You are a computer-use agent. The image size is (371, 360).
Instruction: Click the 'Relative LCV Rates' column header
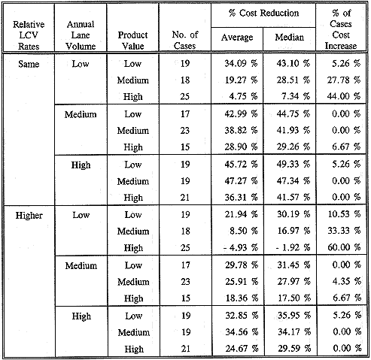pyautogui.click(x=29, y=35)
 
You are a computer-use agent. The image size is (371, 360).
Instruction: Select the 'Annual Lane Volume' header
pyautogui.click(x=81, y=35)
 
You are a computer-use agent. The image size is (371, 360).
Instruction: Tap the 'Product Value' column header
pyautogui.click(x=132, y=41)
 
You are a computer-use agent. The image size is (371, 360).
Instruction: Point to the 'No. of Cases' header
pyautogui.click(x=185, y=40)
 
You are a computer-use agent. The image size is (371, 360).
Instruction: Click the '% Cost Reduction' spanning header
pyautogui.click(x=263, y=13)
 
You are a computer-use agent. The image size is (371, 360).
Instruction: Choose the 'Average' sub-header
pyautogui.click(x=237, y=38)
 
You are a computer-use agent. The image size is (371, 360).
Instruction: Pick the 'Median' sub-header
pyautogui.click(x=289, y=38)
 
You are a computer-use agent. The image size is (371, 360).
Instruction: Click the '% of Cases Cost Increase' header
pyautogui.click(x=341, y=29)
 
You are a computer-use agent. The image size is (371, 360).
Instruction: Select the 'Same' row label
pyautogui.click(x=29, y=64)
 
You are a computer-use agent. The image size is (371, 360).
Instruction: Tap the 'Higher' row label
pyautogui.click(x=29, y=216)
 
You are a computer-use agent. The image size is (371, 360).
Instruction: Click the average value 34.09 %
pyautogui.click(x=241, y=63)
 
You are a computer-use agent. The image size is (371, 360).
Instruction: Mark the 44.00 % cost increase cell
pyautogui.click(x=344, y=96)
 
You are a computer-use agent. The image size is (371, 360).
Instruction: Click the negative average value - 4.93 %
pyautogui.click(x=241, y=248)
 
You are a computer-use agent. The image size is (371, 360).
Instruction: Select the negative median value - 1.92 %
pyautogui.click(x=293, y=248)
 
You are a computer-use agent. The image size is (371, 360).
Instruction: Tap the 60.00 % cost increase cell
pyautogui.click(x=344, y=247)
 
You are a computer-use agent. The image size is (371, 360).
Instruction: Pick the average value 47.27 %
pyautogui.click(x=241, y=180)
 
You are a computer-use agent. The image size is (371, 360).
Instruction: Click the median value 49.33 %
pyautogui.click(x=293, y=164)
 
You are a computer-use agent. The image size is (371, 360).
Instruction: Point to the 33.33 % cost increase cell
pyautogui.click(x=344, y=231)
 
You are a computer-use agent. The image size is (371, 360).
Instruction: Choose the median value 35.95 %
pyautogui.click(x=294, y=315)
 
